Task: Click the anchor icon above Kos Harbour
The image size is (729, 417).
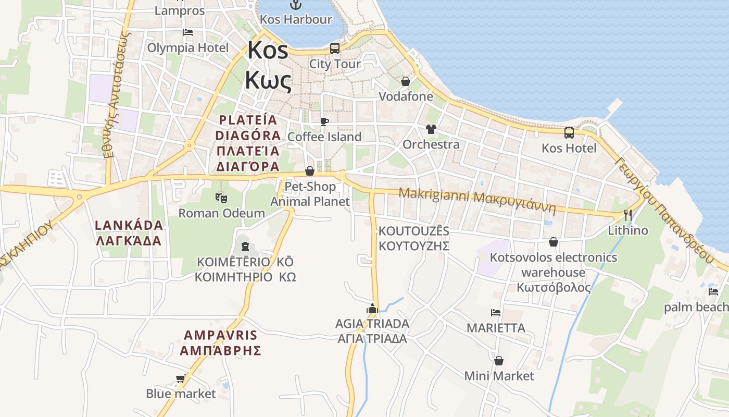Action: click(296, 5)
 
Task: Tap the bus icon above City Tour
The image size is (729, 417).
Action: click(335, 48)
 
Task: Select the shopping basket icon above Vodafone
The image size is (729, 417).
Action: click(406, 81)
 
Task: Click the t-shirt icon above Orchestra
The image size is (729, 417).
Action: click(431, 129)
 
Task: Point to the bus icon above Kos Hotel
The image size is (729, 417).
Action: click(569, 133)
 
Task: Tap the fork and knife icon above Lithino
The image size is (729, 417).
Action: click(628, 215)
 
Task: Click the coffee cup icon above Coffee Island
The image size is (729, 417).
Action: click(324, 121)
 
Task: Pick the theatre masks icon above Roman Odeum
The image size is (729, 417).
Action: click(221, 198)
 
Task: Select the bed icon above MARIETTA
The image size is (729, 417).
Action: click(496, 313)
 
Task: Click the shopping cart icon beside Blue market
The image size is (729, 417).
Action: click(181, 378)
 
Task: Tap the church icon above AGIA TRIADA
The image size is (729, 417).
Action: click(372, 309)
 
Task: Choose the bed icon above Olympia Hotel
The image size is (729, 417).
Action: click(188, 32)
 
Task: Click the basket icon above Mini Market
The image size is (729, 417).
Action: click(499, 361)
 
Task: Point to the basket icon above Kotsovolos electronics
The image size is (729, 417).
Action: click(554, 242)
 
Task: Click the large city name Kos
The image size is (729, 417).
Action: click(268, 51)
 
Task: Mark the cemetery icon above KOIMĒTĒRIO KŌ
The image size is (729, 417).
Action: click(245, 246)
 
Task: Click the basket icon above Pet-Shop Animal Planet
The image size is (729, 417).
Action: click(310, 171)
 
